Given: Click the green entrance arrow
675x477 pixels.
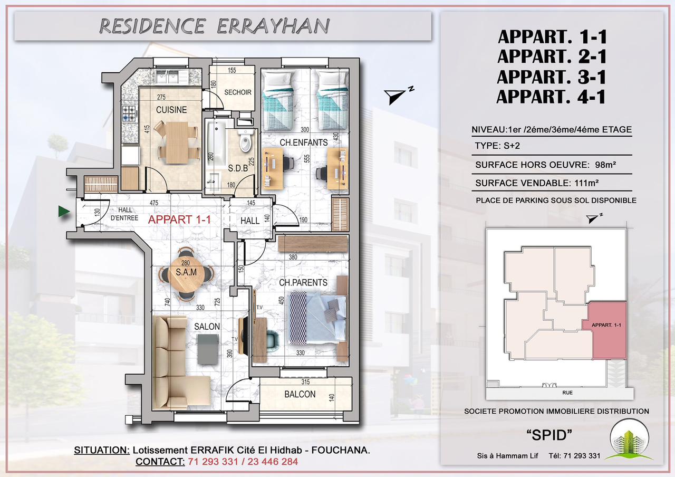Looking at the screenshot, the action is (64, 212).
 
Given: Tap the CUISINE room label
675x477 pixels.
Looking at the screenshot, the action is (171, 110).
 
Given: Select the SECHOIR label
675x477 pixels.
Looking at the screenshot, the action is (238, 92).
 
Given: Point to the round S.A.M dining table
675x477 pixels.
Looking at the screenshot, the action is (186, 274).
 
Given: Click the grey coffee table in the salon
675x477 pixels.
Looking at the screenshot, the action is (208, 349).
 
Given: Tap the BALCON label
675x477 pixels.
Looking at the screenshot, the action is (300, 394).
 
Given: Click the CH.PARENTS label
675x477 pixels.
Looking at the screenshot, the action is (303, 282).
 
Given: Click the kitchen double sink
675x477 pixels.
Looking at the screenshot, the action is (167, 77).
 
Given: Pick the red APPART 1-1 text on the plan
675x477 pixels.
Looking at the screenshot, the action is (179, 220).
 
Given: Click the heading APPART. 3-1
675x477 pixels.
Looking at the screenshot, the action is (552, 77).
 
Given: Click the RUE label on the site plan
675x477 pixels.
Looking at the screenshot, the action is (567, 393).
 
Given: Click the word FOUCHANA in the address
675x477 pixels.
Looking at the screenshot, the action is (341, 450).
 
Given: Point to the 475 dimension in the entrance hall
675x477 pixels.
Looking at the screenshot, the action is (153, 203).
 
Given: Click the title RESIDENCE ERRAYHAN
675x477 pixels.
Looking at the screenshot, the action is (214, 26).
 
